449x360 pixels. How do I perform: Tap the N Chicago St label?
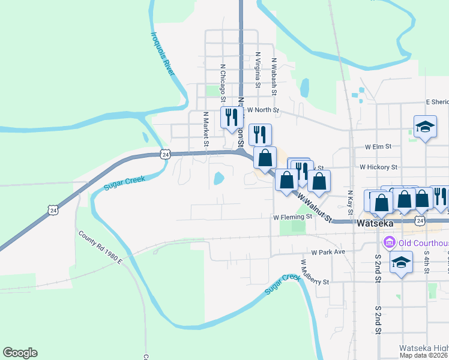pos(223,83)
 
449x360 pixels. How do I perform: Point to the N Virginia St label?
pos(257,70)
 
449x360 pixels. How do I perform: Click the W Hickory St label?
pos(379,167)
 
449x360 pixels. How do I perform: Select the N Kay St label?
pos(350,202)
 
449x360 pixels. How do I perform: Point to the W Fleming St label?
pos(292,217)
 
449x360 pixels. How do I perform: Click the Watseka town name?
pos(375,223)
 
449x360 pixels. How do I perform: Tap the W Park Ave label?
pos(328,252)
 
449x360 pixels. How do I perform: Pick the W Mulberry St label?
pos(315,273)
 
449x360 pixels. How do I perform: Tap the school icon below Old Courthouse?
pos(401,262)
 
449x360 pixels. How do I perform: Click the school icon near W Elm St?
pos(425,127)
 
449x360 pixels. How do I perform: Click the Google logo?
pos(20,353)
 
